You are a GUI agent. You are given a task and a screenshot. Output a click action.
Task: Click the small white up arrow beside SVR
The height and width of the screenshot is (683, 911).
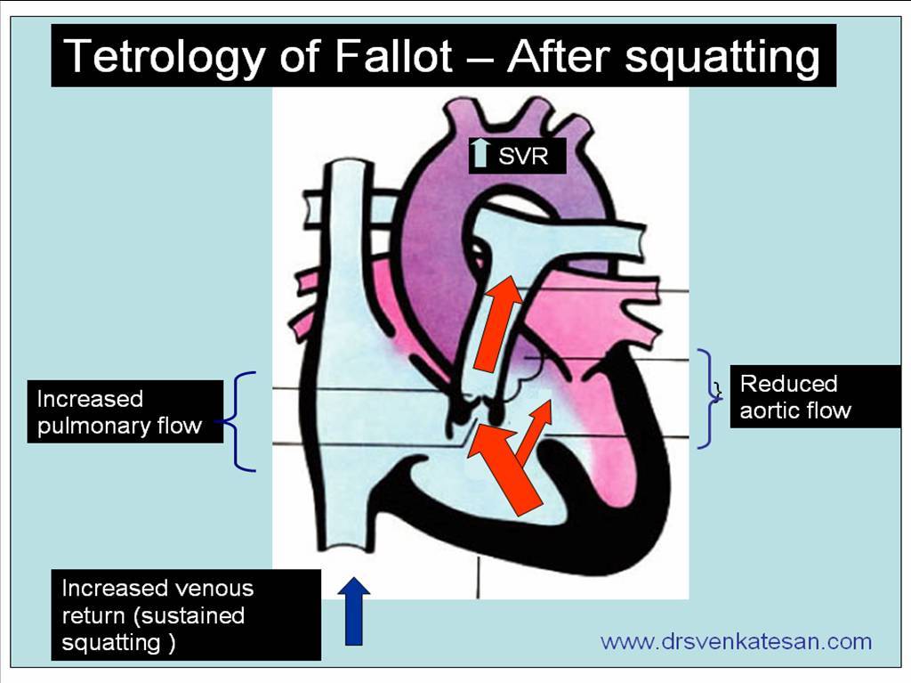tap(481, 154)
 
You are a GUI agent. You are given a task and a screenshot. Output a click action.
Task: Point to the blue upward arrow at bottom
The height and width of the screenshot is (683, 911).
tap(354, 610)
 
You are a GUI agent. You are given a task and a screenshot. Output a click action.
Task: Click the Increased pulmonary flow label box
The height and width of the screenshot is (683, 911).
tap(125, 411)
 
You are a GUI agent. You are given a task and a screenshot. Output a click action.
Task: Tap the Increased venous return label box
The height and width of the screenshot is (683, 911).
tap(185, 614)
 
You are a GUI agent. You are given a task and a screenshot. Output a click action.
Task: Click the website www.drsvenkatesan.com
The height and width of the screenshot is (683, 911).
tap(736, 641)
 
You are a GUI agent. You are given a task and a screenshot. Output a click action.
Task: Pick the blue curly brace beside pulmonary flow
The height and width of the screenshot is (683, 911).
tap(241, 421)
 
